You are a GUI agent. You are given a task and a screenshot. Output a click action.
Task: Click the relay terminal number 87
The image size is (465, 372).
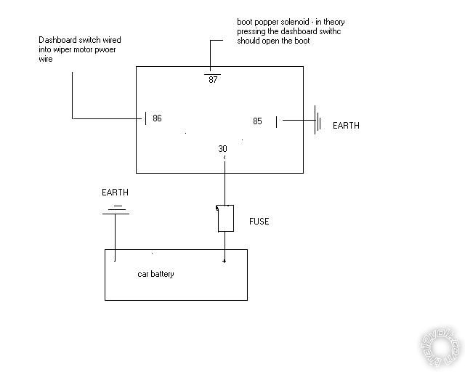tap(213, 80)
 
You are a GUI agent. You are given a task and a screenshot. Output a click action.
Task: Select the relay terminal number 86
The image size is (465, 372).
tap(157, 118)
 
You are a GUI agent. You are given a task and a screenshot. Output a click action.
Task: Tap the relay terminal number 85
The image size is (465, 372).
tap(257, 121)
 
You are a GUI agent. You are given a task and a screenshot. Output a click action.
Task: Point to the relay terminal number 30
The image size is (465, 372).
tap(222, 149)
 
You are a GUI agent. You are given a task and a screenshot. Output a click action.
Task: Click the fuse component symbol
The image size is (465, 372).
tap(225, 219)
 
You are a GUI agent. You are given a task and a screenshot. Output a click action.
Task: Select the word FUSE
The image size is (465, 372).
tap(259, 221)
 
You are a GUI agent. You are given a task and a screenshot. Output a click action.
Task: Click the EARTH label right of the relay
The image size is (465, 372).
tap(346, 126)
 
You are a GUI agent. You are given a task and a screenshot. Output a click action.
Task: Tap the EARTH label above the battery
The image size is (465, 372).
tap(114, 193)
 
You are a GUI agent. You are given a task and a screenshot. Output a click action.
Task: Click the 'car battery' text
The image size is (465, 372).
tap(155, 274)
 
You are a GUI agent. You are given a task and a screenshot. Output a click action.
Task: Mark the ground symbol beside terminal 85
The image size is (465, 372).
tap(318, 121)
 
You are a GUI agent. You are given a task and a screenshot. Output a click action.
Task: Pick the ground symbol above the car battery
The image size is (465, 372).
tap(114, 210)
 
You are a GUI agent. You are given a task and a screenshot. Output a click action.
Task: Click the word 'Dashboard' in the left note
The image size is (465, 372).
tap(58, 40)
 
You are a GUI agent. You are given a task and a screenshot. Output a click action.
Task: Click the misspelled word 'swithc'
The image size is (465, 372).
tap(333, 31)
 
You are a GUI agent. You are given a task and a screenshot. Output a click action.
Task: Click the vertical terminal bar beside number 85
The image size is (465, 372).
tap(276, 121)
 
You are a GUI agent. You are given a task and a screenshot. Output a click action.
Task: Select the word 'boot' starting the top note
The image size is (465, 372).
tap(246, 21)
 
